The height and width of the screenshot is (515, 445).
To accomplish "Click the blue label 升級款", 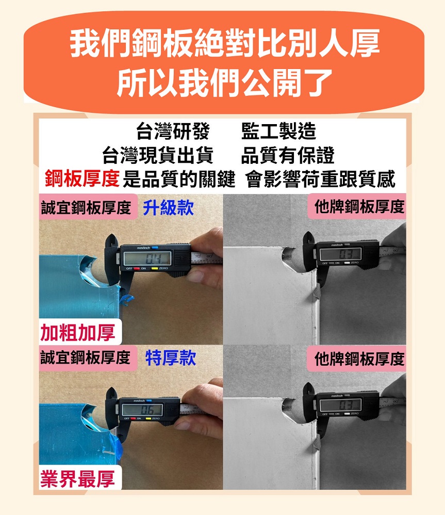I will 168,208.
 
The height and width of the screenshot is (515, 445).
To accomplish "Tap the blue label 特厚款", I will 171,358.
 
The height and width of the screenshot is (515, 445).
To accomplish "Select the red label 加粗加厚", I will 78,333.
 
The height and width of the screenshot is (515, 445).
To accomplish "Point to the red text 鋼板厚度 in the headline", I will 83,179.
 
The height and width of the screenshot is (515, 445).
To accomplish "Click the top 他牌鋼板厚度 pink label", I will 359,208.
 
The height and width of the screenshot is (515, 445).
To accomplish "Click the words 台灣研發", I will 173,132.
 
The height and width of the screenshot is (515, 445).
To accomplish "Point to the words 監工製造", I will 278,132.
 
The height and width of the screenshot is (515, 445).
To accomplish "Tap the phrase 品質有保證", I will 288,155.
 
